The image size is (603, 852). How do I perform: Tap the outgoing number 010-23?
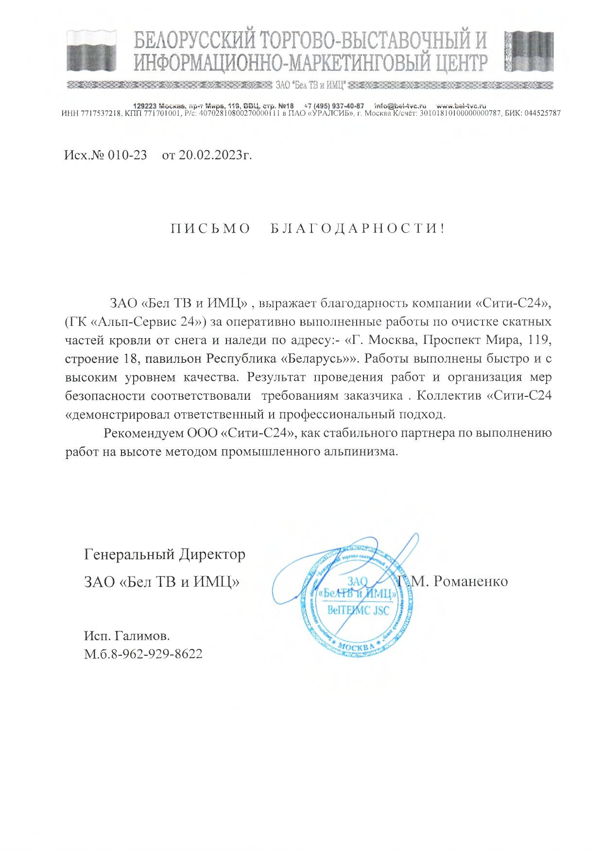coord(127,155)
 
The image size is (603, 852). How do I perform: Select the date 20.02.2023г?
coord(215,155)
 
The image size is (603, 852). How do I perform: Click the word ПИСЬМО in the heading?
coord(210,228)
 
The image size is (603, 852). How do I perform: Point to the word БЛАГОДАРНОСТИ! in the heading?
coord(358,228)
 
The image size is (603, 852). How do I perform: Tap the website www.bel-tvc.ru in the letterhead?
coord(461,106)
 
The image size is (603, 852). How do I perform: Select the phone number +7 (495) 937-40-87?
coord(334,106)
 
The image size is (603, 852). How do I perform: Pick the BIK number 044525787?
coord(542,113)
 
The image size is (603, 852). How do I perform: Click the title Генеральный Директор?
coord(165,554)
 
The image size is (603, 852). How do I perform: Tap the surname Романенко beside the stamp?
coord(470,581)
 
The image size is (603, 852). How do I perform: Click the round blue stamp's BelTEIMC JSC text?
coord(358,610)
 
